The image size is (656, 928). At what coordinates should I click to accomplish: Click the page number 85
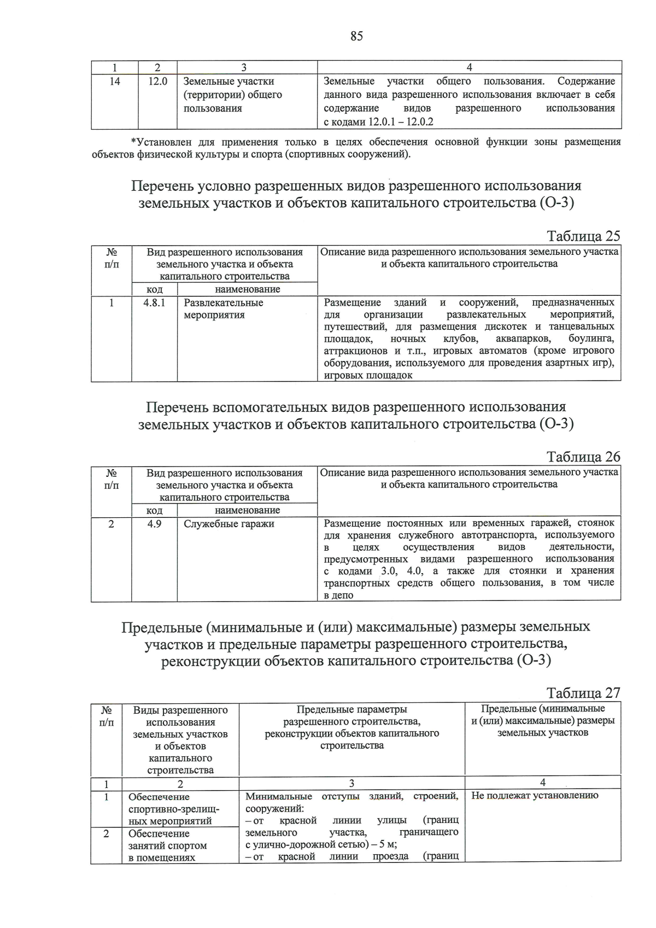pos(356,37)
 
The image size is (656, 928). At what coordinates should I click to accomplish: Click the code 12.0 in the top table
pos(157,81)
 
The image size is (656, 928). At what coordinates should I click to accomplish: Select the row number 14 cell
pos(115,81)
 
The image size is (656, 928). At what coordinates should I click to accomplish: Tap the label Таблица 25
pos(583,236)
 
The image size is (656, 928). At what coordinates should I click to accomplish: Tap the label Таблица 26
pos(583,457)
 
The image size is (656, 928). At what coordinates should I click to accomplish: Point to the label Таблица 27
pos(583,693)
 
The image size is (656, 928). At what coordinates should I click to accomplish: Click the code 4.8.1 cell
pos(154,302)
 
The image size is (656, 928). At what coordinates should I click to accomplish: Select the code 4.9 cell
pos(154,523)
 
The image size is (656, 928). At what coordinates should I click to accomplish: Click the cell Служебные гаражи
pos(229,524)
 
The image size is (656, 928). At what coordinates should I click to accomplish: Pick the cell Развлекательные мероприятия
pos(223,309)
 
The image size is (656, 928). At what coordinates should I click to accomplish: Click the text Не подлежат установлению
pos(535,796)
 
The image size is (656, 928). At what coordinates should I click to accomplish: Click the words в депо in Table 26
pos(338,595)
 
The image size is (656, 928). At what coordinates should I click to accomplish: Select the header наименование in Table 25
pos(247,289)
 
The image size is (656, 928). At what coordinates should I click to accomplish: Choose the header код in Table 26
pos(154,510)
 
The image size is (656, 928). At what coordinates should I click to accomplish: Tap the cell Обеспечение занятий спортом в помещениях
pos(167,845)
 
